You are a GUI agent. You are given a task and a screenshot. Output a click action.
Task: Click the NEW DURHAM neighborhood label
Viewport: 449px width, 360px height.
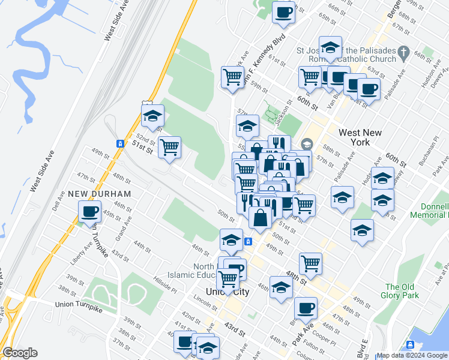(99, 194)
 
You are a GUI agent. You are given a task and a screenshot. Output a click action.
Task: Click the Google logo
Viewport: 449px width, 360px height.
(20, 353)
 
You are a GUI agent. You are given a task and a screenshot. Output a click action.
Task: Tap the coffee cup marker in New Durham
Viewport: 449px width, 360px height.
(90, 212)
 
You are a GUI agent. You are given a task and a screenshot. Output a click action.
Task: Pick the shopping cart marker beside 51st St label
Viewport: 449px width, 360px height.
(170, 147)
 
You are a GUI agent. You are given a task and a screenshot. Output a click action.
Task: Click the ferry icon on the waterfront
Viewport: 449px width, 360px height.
(410, 344)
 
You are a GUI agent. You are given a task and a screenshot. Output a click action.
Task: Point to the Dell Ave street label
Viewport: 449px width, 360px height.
(58, 200)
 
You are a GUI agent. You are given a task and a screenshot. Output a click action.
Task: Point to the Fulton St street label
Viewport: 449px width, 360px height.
(298, 346)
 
